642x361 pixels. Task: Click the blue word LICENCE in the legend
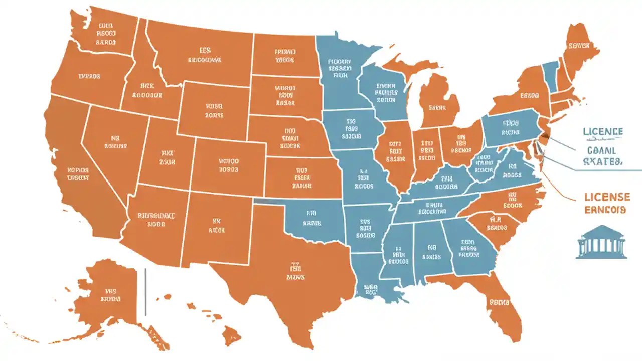(603, 132)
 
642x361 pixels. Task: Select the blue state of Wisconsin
(384, 90)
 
